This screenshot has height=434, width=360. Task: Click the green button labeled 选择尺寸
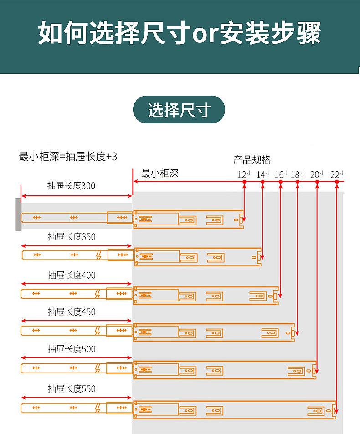tap(179, 110)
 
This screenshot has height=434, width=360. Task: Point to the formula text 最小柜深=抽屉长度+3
tap(68, 157)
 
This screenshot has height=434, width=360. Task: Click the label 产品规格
tap(252, 160)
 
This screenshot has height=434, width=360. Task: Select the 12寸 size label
tap(244, 174)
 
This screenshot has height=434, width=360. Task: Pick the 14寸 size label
tap(262, 174)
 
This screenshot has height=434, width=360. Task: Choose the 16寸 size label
tap(281, 174)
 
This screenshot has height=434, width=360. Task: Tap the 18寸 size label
tap(297, 174)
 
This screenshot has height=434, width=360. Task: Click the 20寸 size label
tap(317, 174)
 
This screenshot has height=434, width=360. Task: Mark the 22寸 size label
tap(337, 174)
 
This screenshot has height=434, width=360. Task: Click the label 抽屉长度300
tap(72, 186)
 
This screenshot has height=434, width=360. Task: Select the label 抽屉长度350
tap(72, 237)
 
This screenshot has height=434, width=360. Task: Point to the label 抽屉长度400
tap(72, 275)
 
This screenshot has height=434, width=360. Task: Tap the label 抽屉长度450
tap(72, 312)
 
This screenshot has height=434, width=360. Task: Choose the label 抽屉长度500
tap(72, 349)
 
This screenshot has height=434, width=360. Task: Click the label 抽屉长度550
tap(72, 389)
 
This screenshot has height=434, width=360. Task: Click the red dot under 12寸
tap(244, 182)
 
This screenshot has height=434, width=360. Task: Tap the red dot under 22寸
tap(337, 182)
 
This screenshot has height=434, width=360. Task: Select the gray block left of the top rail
tap(18, 214)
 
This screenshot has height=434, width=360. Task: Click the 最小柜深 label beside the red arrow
tap(159, 173)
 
